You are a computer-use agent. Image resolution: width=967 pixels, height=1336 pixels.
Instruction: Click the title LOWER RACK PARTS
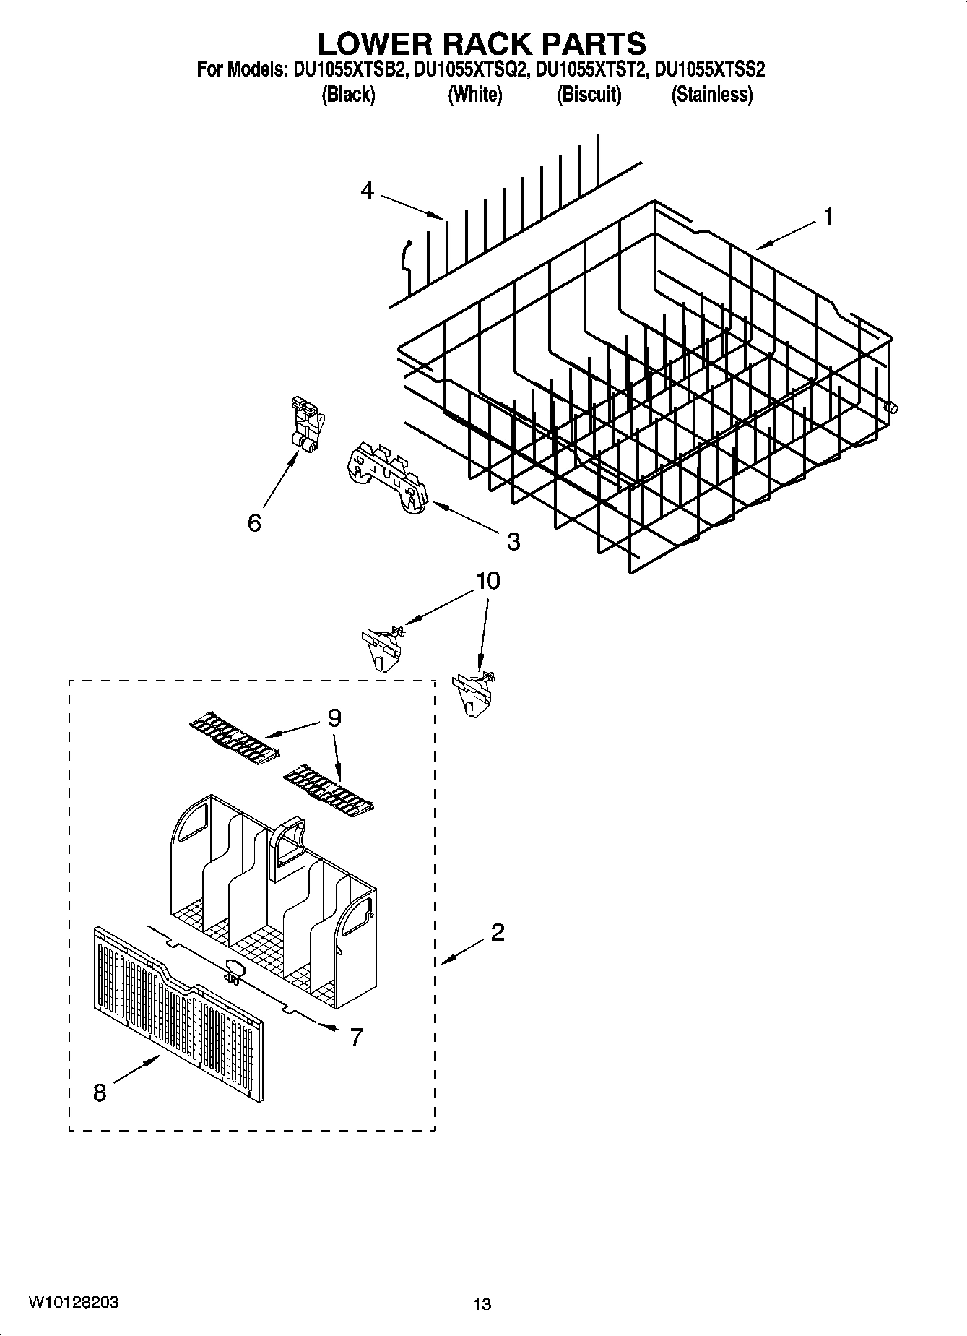coord(482,43)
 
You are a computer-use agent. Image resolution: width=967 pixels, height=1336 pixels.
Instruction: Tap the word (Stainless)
coord(711,95)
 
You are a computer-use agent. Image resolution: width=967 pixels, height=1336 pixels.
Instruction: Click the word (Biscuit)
coord(589,95)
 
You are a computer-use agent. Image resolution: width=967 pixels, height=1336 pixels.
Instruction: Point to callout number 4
coord(368,191)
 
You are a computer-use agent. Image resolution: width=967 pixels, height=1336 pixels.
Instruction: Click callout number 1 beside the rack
coord(828,216)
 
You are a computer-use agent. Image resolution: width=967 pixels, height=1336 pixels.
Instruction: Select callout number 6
coord(254,522)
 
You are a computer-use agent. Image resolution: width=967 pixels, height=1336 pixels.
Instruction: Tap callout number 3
coord(513,541)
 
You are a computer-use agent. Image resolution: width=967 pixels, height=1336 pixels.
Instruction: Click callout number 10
coord(488,581)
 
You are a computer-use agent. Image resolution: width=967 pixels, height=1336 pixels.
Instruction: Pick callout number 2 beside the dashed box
coord(497,933)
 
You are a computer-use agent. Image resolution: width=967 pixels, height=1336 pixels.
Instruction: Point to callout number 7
coord(356,1038)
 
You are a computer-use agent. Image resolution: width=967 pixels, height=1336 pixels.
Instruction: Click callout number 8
coord(100,1093)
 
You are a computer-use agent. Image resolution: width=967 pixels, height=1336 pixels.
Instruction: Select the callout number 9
coord(334,717)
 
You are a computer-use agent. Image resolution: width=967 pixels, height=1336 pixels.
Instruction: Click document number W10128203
coord(74,1303)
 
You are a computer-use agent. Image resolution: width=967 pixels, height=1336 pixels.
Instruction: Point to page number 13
coord(482,1304)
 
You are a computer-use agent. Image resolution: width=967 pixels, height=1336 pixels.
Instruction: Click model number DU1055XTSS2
coord(710,70)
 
